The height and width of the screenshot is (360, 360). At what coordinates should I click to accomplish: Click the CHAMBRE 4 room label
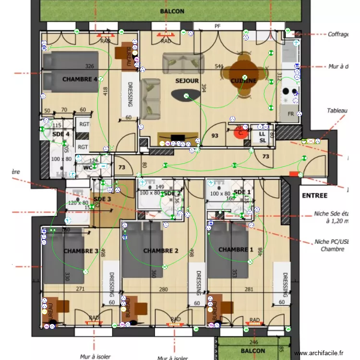coord(80,79)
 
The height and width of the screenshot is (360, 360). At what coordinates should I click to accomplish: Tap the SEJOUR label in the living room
coord(187,81)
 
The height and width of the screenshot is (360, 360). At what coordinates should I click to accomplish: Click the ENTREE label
coord(314,195)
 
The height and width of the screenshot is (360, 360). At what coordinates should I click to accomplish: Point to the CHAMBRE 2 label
coord(161,251)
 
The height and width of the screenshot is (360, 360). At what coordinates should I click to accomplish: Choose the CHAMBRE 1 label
coord(236,250)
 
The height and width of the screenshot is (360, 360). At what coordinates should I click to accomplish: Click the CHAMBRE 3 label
coord(81,251)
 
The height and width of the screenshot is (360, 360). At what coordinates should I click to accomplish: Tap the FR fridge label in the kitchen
coord(290,114)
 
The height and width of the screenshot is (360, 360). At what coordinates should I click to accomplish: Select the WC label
coord(88,168)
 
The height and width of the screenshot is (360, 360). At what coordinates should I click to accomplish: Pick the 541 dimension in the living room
coord(219,66)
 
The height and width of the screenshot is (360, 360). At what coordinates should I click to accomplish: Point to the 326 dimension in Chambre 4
coord(89,66)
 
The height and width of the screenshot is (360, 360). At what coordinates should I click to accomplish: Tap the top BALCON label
coord(172,11)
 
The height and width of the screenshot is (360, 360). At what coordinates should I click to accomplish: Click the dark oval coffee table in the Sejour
coord(184,96)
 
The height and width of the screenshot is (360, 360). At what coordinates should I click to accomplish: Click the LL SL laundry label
coord(263,137)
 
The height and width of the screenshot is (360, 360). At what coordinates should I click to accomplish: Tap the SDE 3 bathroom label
coord(102,199)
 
